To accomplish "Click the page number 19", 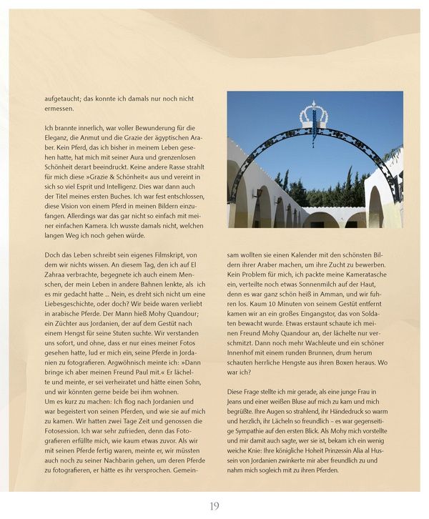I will click(x=214, y=506).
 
